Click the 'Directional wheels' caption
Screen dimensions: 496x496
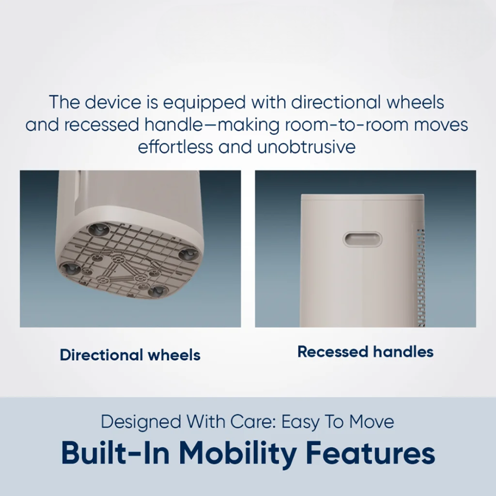[130, 355]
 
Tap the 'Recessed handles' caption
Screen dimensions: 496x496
[366, 352]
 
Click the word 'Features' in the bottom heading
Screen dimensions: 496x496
[371, 452]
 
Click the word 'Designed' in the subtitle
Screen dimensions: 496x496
[141, 423]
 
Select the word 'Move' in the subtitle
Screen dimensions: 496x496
[372, 422]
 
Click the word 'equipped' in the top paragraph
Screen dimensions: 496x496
[204, 103]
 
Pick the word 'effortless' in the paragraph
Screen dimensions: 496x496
[175, 147]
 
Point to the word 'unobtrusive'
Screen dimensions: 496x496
[306, 147]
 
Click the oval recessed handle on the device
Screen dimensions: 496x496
[362, 239]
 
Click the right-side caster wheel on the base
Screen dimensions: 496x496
[188, 254]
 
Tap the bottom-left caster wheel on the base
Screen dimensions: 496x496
[71, 269]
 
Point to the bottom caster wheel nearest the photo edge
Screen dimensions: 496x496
[157, 291]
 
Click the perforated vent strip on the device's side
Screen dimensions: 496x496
[420, 278]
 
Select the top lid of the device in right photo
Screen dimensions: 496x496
[362, 197]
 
